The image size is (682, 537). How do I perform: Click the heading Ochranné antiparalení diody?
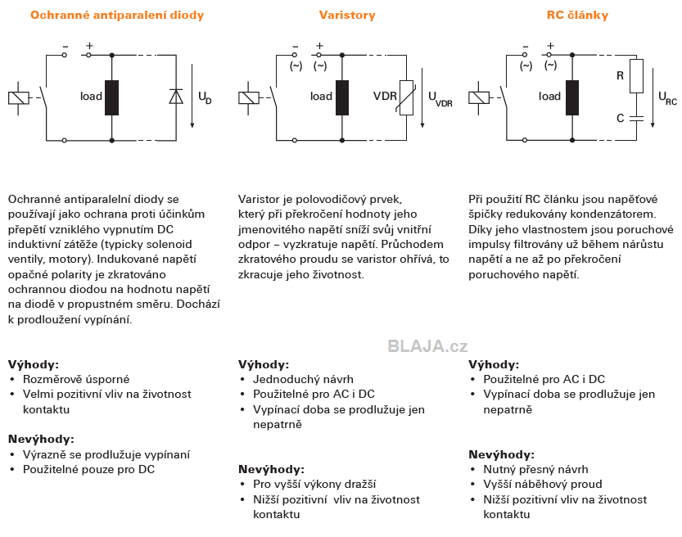(x=117, y=16)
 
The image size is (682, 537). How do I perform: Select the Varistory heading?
(x=347, y=16)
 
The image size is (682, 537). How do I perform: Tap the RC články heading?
(x=577, y=16)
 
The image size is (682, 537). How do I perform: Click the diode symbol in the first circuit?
(x=176, y=96)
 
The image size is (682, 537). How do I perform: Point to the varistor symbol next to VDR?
(x=406, y=98)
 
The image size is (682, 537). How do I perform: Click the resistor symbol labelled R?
(x=636, y=76)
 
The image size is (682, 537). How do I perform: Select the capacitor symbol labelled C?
(x=636, y=118)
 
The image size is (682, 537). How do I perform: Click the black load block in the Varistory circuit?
(x=342, y=98)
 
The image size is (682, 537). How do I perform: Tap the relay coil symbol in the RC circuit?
(x=479, y=97)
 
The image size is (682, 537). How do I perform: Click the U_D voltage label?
(x=205, y=97)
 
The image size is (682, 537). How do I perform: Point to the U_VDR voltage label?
(x=440, y=99)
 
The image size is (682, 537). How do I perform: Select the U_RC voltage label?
(x=667, y=98)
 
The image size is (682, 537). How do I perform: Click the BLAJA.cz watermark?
(x=427, y=346)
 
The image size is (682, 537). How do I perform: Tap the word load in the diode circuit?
(x=91, y=96)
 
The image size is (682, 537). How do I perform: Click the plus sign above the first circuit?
(x=89, y=46)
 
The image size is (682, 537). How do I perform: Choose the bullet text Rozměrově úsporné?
(x=76, y=379)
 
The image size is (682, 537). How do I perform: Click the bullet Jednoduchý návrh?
(x=303, y=379)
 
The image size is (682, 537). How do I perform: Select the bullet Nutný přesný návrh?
(x=535, y=469)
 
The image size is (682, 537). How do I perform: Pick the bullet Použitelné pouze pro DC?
(x=88, y=469)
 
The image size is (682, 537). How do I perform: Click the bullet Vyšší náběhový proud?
(x=543, y=484)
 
